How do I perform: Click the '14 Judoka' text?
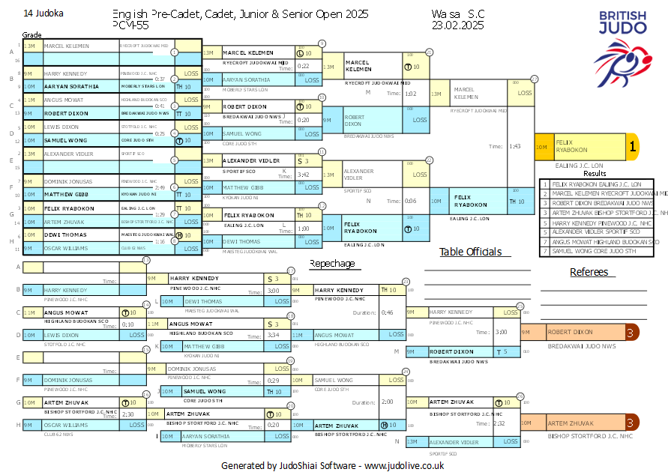pos(43,13)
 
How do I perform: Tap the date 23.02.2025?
pos(457,25)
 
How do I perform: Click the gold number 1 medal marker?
pos(632,148)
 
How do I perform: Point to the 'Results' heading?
pos(595,173)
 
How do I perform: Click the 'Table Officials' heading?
pos(470,252)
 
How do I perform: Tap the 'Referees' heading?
pos(589,272)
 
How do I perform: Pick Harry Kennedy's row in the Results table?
pos(597,223)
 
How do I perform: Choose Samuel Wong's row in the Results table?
pos(597,252)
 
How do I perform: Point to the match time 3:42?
pos(304,175)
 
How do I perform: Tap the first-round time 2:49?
pos(160,187)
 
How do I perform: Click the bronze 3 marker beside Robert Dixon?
pos(631,332)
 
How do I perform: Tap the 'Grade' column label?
pos(31,35)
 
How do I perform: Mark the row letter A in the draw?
pos(11,51)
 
